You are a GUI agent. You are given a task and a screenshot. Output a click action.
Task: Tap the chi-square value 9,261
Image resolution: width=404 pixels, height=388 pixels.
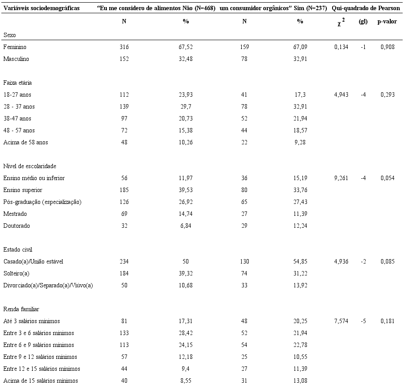[x=341, y=178]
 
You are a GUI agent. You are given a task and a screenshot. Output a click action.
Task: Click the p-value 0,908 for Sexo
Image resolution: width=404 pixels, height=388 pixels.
[x=387, y=47]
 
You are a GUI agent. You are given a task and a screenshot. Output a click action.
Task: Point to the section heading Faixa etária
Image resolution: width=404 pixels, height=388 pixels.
[x=17, y=83]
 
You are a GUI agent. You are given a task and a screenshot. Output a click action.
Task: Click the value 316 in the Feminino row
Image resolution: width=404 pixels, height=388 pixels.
[x=124, y=47]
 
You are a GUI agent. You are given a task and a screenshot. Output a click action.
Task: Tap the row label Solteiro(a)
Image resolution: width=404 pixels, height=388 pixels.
[x=16, y=273]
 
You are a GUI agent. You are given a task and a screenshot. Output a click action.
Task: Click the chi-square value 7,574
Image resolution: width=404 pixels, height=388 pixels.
[x=341, y=321]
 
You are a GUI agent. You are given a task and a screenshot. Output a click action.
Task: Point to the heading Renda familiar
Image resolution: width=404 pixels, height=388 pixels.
[x=20, y=309]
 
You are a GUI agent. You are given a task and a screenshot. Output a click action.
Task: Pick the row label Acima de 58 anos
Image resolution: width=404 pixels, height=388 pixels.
[x=26, y=142]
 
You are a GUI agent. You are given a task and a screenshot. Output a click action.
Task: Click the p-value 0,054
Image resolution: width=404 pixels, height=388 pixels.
[x=387, y=178]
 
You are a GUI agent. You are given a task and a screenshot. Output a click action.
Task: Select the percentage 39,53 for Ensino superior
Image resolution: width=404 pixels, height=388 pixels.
[x=186, y=190]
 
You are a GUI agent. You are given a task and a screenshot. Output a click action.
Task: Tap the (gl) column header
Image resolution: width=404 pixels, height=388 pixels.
[x=363, y=21]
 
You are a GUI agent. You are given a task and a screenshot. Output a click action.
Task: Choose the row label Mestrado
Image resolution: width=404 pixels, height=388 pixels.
[x=15, y=214]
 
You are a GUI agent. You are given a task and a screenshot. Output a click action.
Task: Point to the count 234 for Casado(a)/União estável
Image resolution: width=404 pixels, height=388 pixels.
[x=124, y=261]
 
